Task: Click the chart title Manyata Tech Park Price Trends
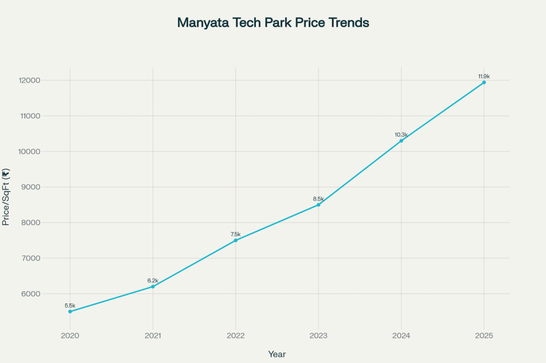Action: [273, 23]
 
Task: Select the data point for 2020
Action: [70, 311]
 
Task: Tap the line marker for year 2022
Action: [236, 241]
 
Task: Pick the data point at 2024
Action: [401, 141]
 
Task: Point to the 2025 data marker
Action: [484, 82]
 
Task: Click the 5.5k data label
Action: [70, 306]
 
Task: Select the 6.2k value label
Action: [153, 280]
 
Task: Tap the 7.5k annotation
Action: [236, 234]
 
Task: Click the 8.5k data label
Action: [318, 199]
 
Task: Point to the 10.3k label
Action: [401, 135]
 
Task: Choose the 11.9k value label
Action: [484, 77]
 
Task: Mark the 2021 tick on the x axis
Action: [153, 336]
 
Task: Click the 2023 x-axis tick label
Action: [318, 336]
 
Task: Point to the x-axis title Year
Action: [277, 353]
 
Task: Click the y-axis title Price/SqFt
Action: [6, 197]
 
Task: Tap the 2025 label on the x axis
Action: [484, 336]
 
